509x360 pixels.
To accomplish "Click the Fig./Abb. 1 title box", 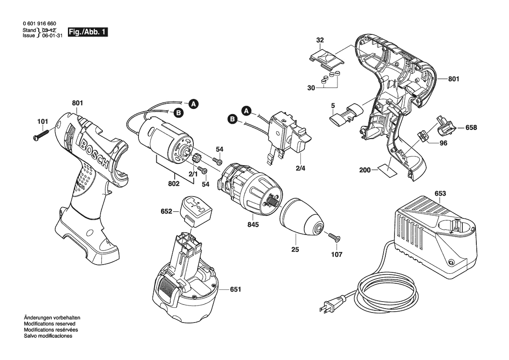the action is pos(88,32).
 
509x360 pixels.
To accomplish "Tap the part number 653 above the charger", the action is pos(440,194).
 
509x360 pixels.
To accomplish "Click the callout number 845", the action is pos(253,224).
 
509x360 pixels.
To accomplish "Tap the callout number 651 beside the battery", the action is pos(236,289).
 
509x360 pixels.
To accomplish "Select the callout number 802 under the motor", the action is pos(174,183).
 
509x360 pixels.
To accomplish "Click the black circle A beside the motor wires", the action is pos(193,104).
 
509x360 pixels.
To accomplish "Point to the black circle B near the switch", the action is pos(233,119).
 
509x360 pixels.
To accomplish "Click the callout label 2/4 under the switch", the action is pos(300,168).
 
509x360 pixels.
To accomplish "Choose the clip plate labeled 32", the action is pos(326,60).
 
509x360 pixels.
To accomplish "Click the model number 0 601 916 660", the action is pos(40,24).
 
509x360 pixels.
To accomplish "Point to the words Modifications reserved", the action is pos(50,324).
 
